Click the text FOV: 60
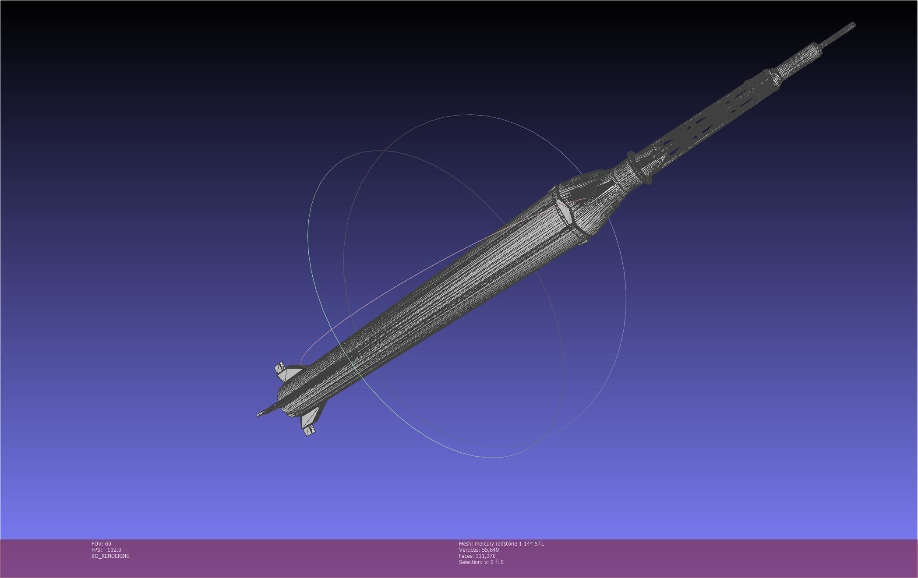(101, 544)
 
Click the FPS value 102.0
(114, 550)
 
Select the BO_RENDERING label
(110, 556)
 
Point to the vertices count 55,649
(490, 550)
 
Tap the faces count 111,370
(485, 556)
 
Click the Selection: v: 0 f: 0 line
(481, 562)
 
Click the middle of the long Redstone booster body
(438, 298)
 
